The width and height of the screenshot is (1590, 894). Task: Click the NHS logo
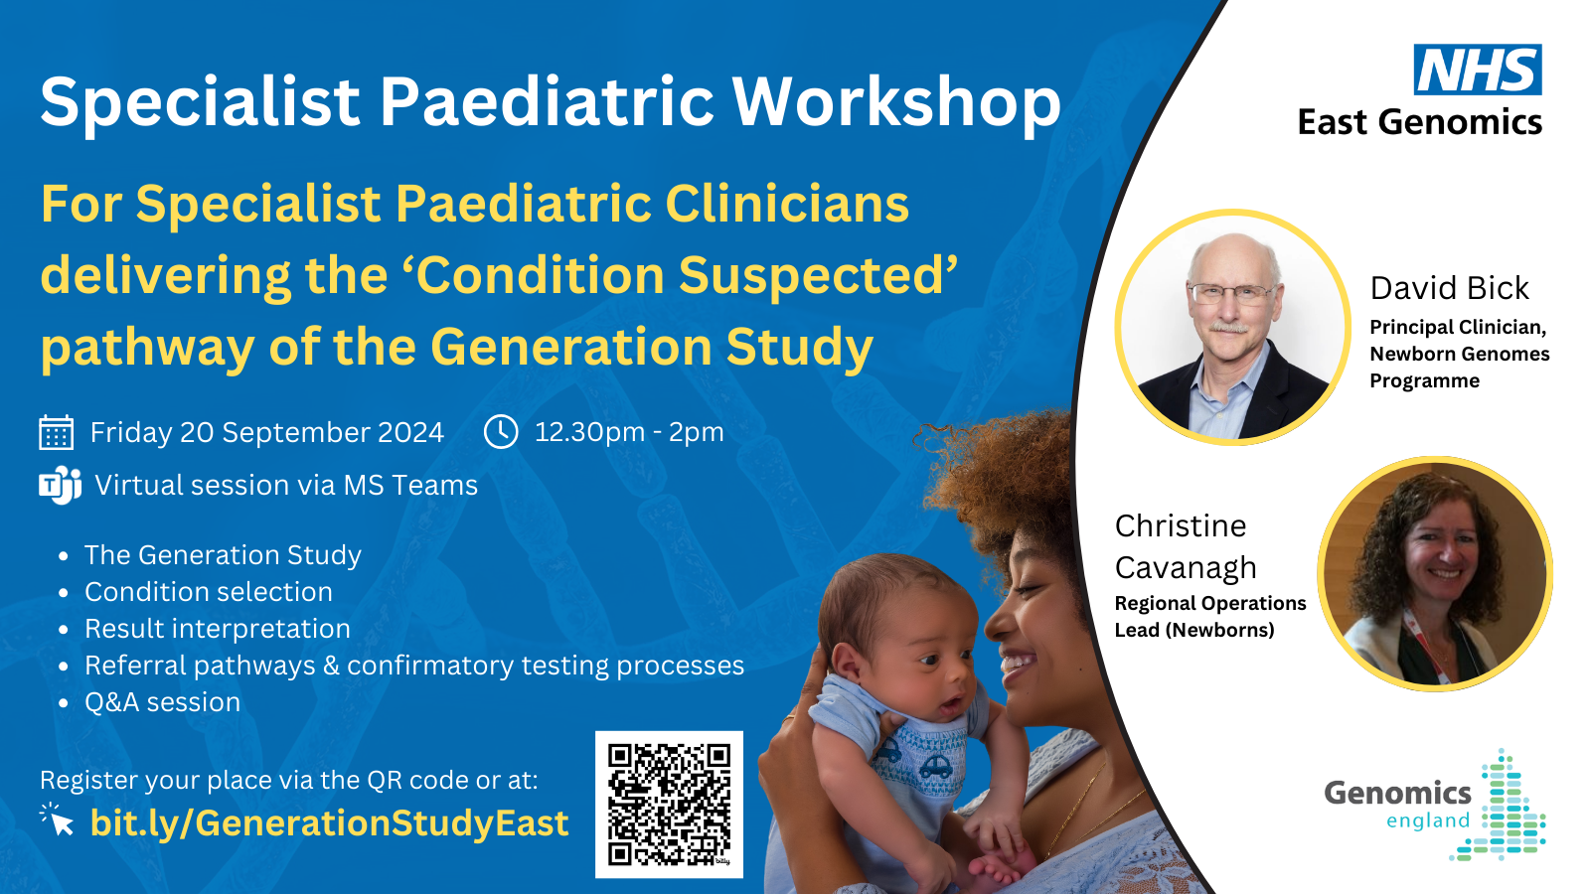[1478, 69]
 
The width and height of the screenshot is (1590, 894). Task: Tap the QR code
[670, 805]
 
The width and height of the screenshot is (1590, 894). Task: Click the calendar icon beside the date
[56, 432]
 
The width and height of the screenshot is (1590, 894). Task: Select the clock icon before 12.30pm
[501, 431]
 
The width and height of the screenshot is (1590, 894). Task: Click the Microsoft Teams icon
[61, 485]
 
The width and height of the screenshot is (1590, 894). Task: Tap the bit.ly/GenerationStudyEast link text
[329, 823]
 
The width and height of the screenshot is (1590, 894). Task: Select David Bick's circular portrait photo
[1233, 327]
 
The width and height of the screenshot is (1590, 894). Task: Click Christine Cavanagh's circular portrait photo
[1435, 573]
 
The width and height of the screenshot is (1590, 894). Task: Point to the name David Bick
[1450, 288]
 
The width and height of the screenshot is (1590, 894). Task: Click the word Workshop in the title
[896, 102]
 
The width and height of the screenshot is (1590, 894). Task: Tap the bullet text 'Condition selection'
[209, 592]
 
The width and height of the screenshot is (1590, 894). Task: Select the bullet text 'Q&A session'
[163, 702]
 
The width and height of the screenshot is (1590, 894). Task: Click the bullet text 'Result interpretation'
[218, 629]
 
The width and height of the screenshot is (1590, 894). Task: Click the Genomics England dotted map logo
[1500, 805]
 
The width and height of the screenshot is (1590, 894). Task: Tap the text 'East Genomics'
[1420, 122]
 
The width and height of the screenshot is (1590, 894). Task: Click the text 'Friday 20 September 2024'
[267, 432]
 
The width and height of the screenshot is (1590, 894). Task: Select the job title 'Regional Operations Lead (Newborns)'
[1210, 616]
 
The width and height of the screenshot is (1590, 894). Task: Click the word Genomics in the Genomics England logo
[1397, 794]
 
